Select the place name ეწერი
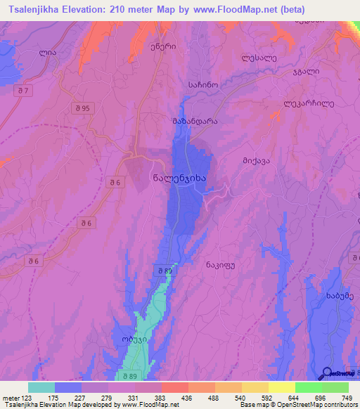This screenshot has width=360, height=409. pos(143,45)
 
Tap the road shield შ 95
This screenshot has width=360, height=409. pos(82,108)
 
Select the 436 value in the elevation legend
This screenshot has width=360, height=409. pos(188,397)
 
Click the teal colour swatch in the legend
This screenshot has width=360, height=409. pos(41,387)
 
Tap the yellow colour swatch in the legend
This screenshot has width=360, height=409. pos(281,387)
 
